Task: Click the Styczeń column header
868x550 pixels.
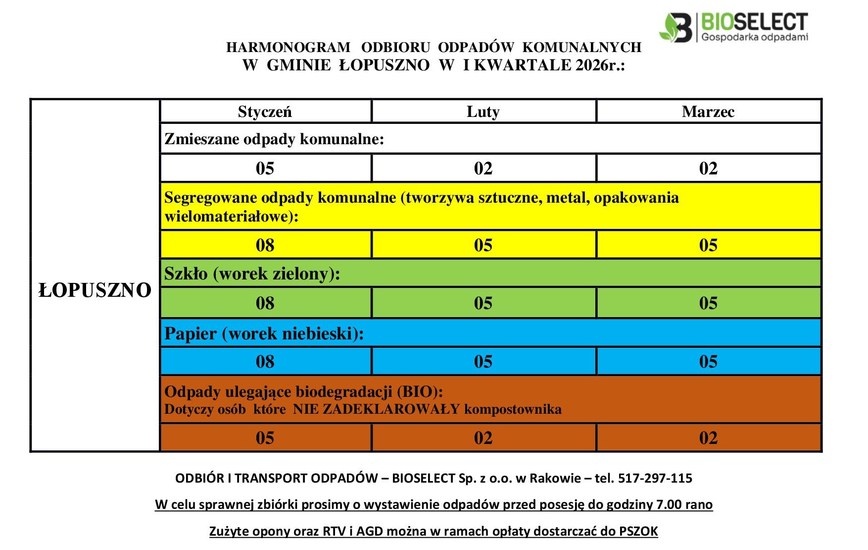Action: tap(265, 111)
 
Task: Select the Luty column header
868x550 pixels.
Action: tap(483, 111)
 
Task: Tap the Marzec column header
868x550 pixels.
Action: tap(708, 111)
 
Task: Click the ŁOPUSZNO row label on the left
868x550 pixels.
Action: tap(95, 290)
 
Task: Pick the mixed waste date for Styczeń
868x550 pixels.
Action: tap(265, 168)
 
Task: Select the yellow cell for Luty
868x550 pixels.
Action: tap(483, 245)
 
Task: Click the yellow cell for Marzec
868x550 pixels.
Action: tap(708, 245)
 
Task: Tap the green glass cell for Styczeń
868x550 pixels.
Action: tap(265, 303)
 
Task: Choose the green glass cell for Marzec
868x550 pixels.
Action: tap(708, 303)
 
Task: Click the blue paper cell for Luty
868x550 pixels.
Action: tap(483, 361)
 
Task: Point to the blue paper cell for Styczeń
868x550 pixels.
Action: tap(265, 361)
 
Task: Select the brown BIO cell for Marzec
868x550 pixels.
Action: tap(708, 438)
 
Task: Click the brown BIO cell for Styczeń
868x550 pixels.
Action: tap(265, 438)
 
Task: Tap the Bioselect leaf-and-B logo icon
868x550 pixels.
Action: tap(676, 28)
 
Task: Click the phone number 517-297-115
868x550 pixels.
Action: tap(655, 478)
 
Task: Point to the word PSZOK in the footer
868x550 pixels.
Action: tap(638, 531)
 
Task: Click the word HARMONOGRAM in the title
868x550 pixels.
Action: tap(288, 48)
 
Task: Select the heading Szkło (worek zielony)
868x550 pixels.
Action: tap(252, 274)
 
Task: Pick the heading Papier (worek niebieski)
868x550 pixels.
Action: tap(264, 333)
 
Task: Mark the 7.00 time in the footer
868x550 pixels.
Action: tap(669, 504)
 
